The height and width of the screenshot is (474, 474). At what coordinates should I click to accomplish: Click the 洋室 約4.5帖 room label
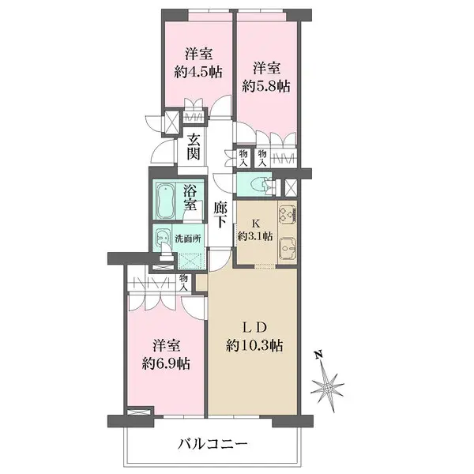[197, 62]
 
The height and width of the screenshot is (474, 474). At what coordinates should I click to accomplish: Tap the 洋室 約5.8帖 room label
[265, 75]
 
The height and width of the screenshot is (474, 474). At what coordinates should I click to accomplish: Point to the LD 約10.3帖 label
[255, 337]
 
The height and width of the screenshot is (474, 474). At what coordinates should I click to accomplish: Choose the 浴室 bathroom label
[191, 197]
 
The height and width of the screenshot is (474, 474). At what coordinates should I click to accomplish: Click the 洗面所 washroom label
[190, 237]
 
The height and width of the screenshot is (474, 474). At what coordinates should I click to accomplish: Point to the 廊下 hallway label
[222, 216]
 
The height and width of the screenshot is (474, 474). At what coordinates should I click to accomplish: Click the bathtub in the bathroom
[166, 201]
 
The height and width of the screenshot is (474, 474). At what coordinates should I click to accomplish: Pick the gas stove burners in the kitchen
[287, 215]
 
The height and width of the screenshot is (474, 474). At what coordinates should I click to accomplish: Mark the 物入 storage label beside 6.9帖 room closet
[184, 283]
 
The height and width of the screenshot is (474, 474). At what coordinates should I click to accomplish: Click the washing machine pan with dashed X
[190, 260]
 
